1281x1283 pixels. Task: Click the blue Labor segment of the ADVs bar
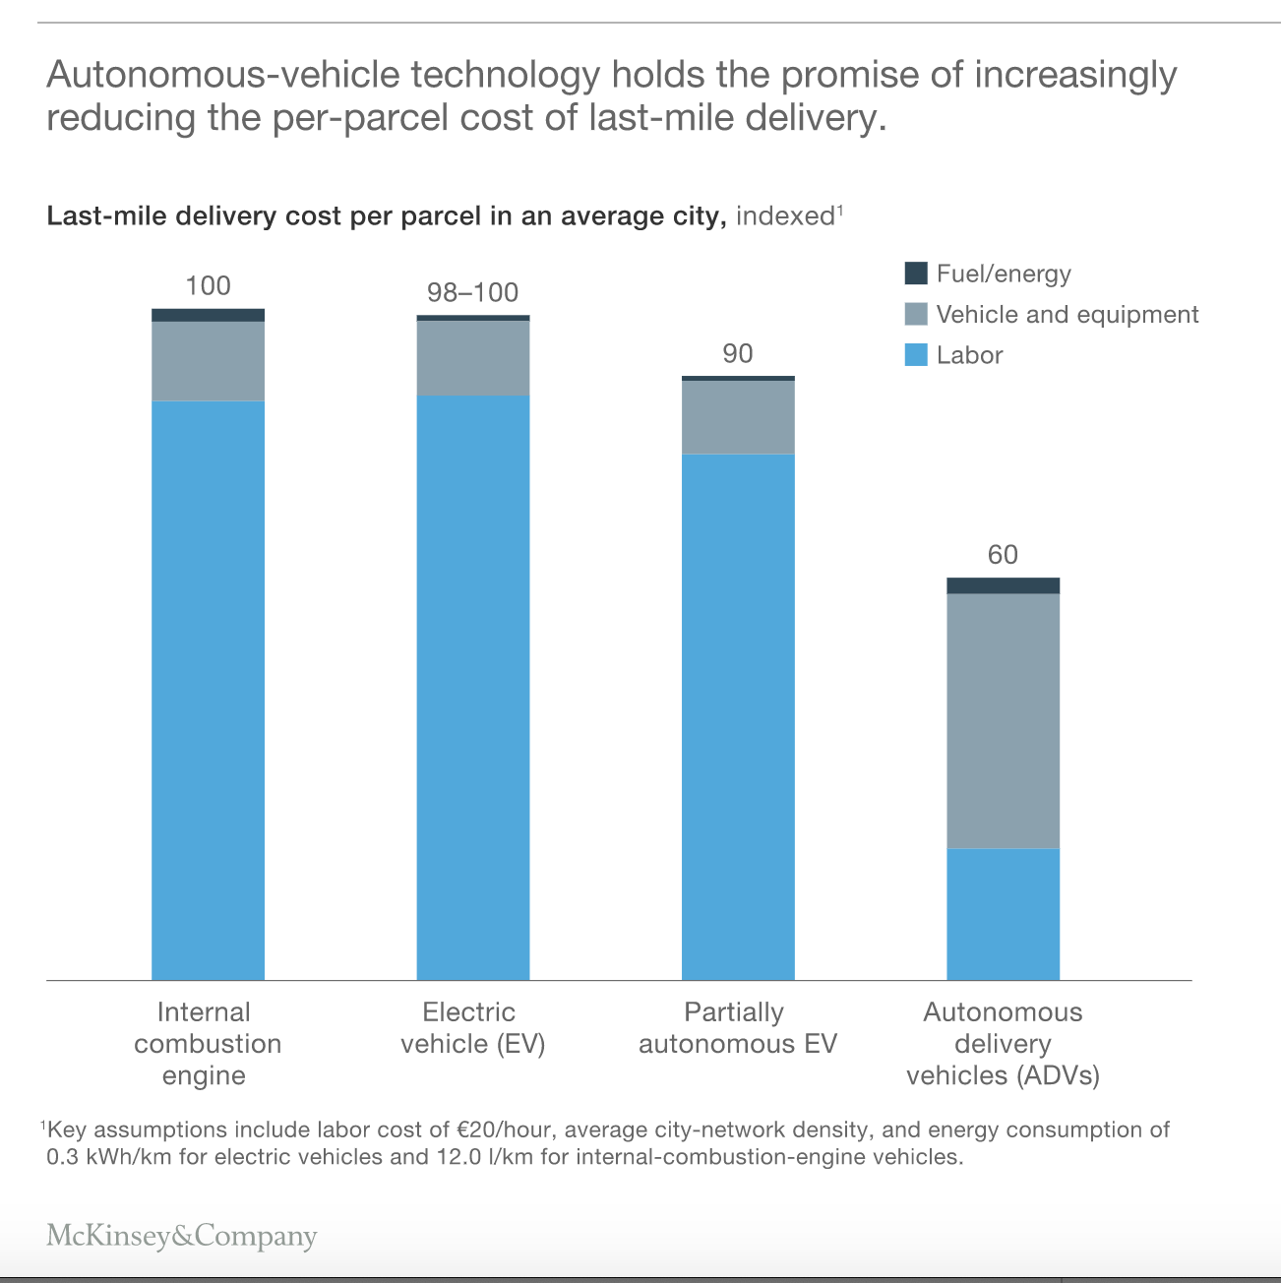pyautogui.click(x=1003, y=913)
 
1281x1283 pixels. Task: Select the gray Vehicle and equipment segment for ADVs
pyautogui.click(x=1003, y=720)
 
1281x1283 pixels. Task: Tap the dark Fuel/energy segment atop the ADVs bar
pyautogui.click(x=1003, y=585)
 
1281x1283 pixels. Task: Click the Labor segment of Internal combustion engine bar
pyautogui.click(x=208, y=689)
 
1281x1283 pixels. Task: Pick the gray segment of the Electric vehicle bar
pyautogui.click(x=472, y=357)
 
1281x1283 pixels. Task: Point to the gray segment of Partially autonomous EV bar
pyautogui.click(x=738, y=416)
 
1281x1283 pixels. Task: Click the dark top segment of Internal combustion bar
pyautogui.click(x=208, y=315)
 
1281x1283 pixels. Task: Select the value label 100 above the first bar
pyautogui.click(x=208, y=286)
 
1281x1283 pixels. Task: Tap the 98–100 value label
pyautogui.click(x=472, y=293)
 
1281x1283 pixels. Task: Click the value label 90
pyautogui.click(x=738, y=354)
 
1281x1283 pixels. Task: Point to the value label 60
pyautogui.click(x=1003, y=556)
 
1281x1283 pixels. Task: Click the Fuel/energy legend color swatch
pyautogui.click(x=915, y=274)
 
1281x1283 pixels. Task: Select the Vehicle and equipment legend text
pyautogui.click(x=1067, y=315)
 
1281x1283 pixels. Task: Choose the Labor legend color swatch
pyautogui.click(x=915, y=355)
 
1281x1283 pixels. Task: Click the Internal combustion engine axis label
pyautogui.click(x=207, y=1044)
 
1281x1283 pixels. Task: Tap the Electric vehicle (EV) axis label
pyautogui.click(x=472, y=1028)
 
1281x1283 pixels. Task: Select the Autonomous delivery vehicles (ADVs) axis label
pyautogui.click(x=1003, y=1044)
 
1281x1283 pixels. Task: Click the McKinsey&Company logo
pyautogui.click(x=182, y=1236)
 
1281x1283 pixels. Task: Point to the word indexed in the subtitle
pyautogui.click(x=784, y=216)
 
